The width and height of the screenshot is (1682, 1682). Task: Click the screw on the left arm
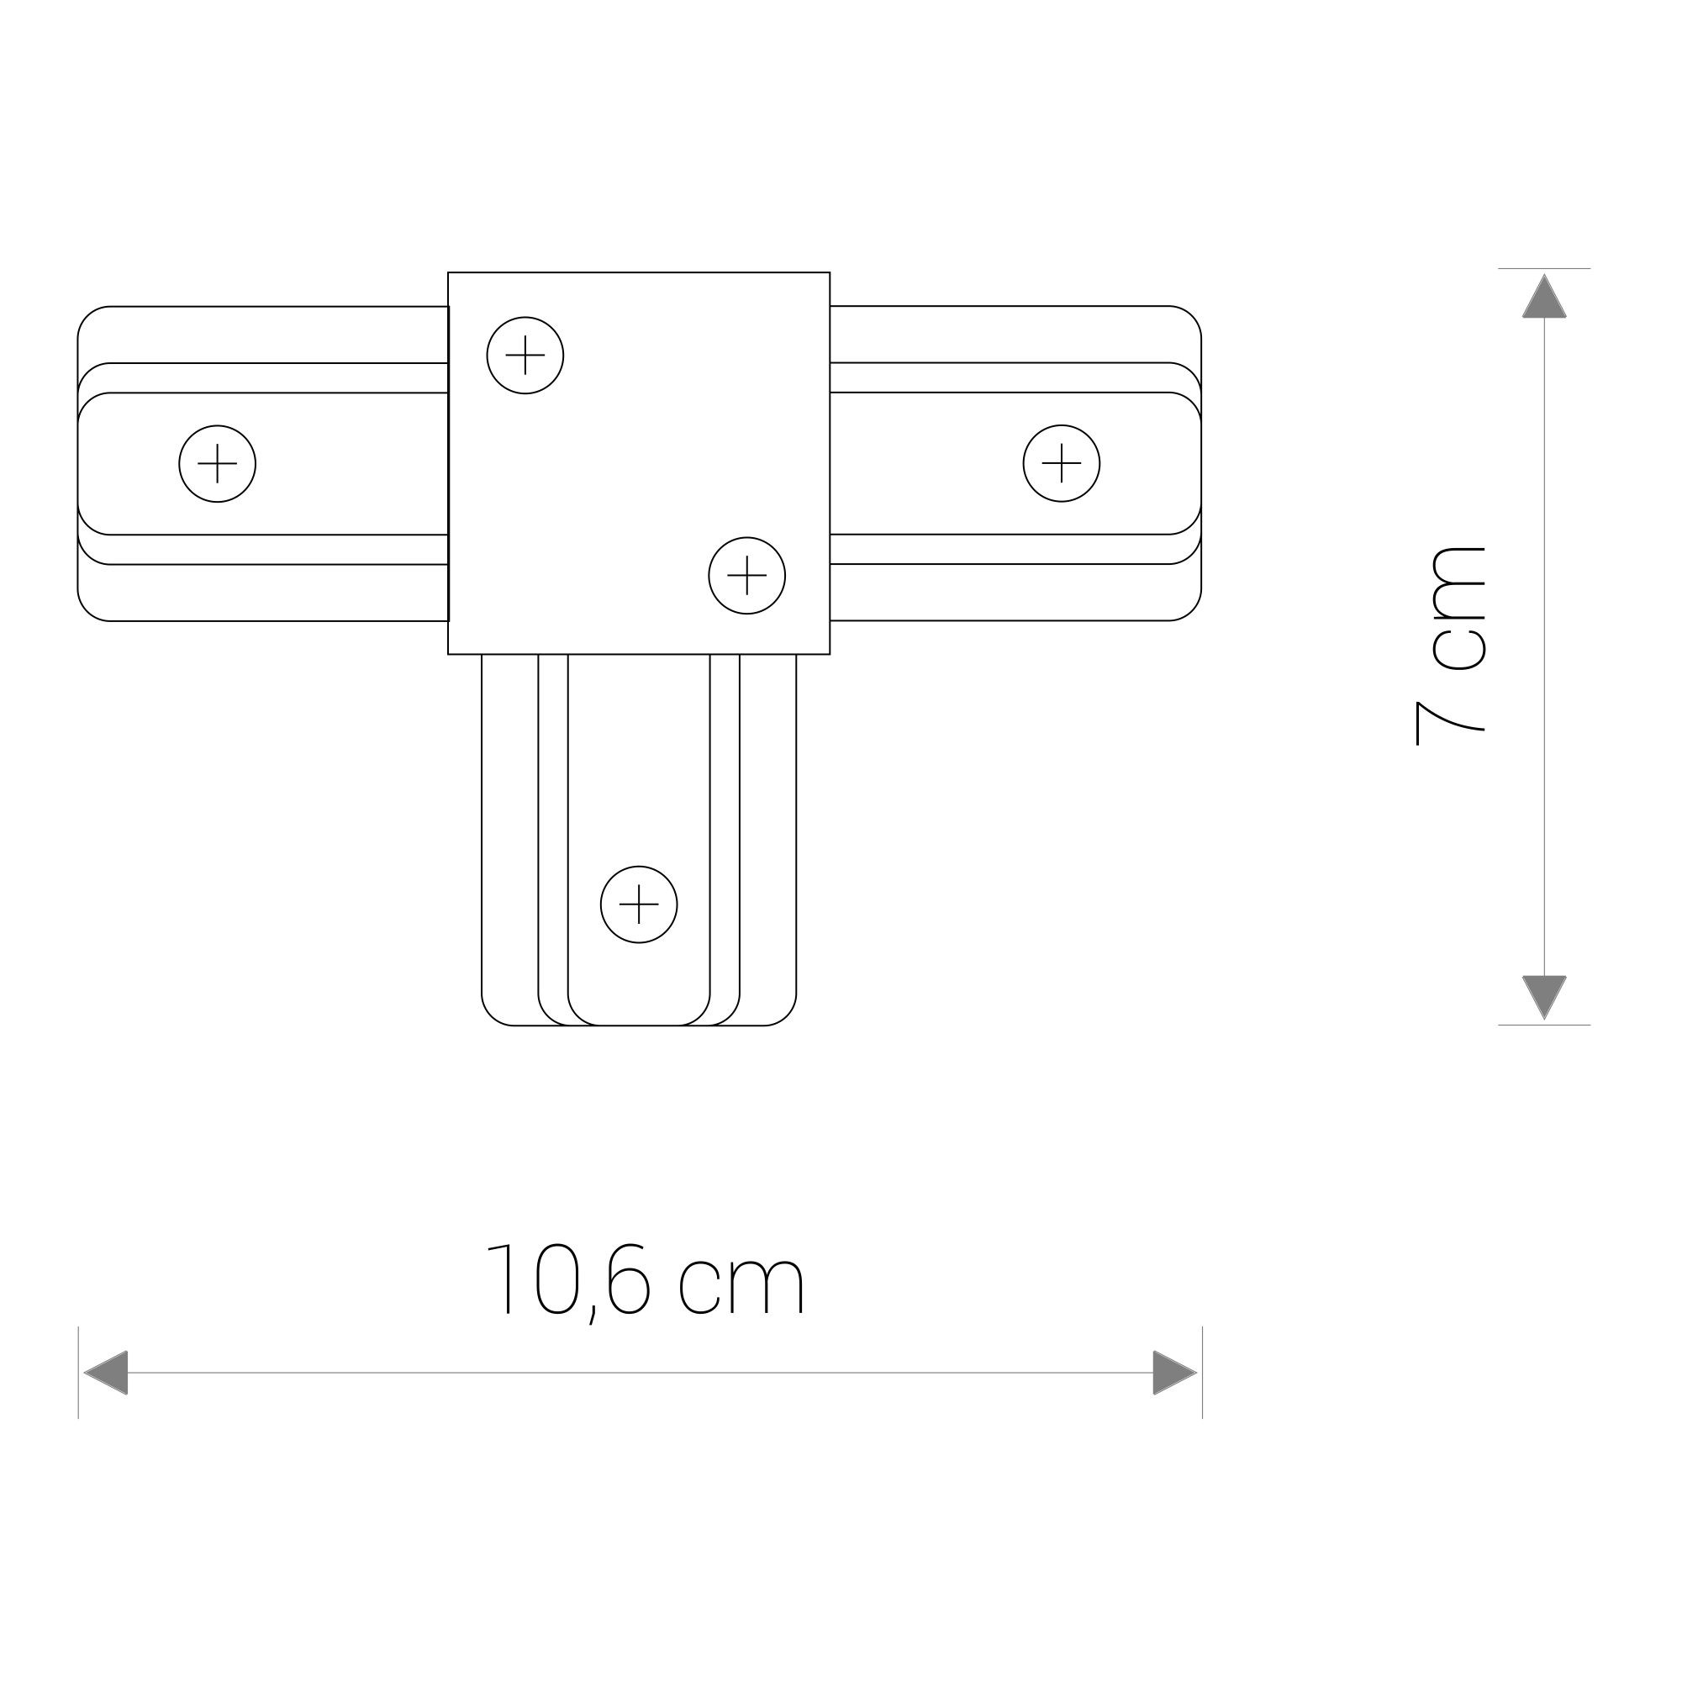[218, 463]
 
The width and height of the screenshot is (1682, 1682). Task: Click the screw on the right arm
[1062, 463]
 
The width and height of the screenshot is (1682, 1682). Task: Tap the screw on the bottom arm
[639, 904]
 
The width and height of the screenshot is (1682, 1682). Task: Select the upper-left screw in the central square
[525, 356]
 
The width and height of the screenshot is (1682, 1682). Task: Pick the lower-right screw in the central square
[747, 576]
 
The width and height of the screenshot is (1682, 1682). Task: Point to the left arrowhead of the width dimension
[106, 1373]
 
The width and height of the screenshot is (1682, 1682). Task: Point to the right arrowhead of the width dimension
[1175, 1373]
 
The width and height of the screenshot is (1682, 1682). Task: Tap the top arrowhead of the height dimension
[1544, 296]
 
